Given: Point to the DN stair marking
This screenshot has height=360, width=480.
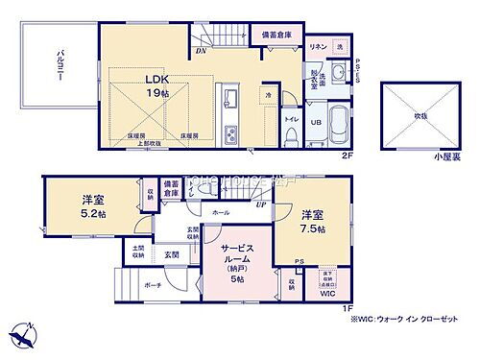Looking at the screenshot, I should pyautogui.click(x=201, y=50).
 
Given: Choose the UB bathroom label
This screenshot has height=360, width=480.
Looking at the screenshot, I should pyautogui.click(x=315, y=122).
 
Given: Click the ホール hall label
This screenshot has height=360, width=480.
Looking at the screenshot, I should pyautogui.click(x=221, y=210).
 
